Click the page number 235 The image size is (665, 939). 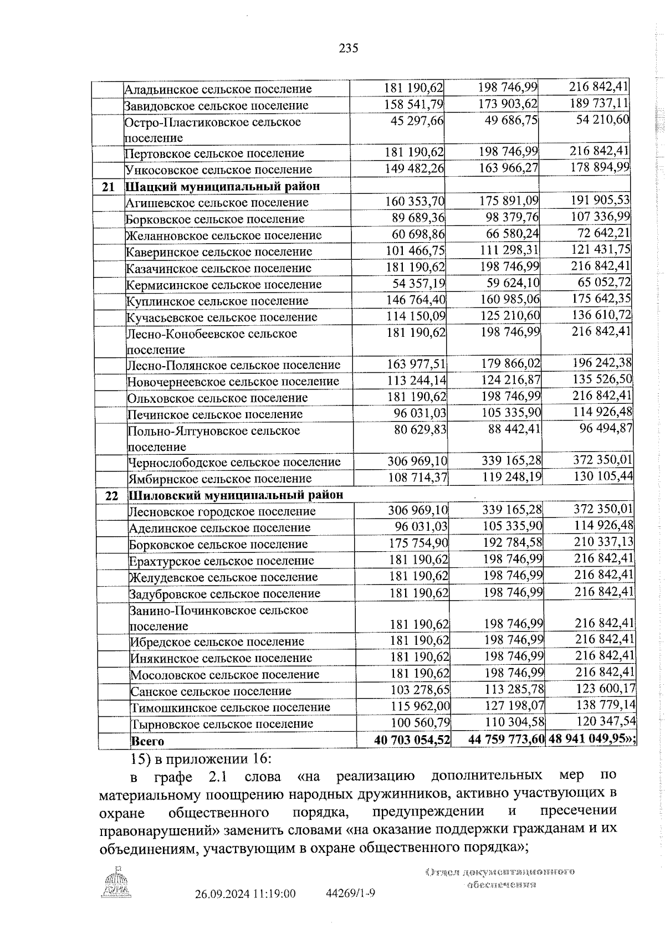tap(349, 48)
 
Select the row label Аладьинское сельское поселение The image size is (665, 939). tap(218, 89)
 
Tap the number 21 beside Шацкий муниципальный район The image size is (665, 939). tap(109, 187)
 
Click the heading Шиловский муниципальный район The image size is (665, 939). tap(236, 495)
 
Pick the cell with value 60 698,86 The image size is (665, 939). tap(418, 235)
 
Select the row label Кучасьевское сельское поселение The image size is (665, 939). tap(222, 317)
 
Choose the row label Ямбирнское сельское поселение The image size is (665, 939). tap(220, 479)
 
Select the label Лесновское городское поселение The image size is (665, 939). tap(222, 511)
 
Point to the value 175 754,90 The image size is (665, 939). tap(418, 543)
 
